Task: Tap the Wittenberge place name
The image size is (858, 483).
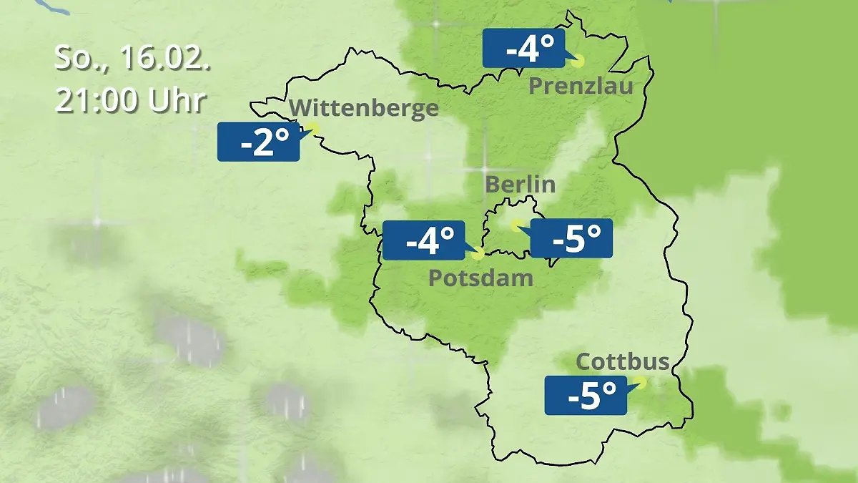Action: pos(365,108)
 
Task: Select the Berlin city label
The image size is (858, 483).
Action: pos(520,184)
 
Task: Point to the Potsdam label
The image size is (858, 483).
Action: pos(480,278)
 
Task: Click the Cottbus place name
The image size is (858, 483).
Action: pos(623,361)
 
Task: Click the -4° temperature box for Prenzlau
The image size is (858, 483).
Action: pos(523,49)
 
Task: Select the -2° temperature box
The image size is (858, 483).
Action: pos(258,142)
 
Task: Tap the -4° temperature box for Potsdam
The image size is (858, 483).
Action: pos(424,240)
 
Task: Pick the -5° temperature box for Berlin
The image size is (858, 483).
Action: pos(571,238)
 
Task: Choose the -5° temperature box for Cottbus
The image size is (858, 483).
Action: pos(586,395)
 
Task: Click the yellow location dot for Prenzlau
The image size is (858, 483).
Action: pos(577,62)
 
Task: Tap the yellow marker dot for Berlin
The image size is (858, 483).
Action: pos(516,225)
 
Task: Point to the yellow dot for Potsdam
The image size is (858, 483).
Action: pos(478,253)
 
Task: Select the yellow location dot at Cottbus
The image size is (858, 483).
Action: pos(639,383)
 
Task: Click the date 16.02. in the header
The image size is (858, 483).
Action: pos(165,59)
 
